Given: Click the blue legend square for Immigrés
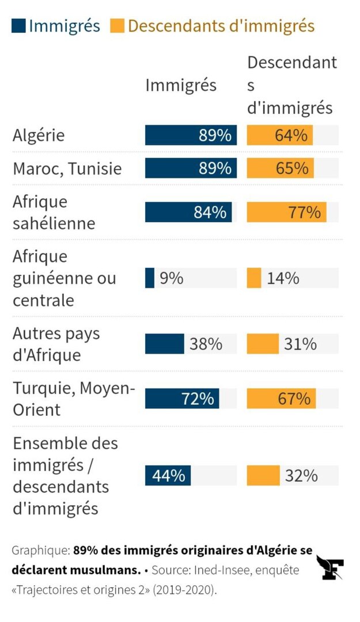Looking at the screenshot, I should click(x=18, y=26).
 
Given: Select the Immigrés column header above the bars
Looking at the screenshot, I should click(x=180, y=85).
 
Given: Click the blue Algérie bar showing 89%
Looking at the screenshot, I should click(x=191, y=135).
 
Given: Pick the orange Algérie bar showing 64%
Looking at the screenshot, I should click(x=280, y=135).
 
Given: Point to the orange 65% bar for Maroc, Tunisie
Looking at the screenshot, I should click(x=281, y=168).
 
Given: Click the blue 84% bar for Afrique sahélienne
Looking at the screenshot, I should click(x=188, y=212).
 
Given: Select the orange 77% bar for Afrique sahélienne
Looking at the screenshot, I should click(x=286, y=212).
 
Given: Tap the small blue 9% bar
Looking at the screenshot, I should click(x=150, y=278).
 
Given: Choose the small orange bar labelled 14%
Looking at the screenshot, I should click(x=254, y=278).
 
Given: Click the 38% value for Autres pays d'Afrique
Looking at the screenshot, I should click(x=206, y=344).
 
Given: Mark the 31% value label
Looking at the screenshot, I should click(x=300, y=344).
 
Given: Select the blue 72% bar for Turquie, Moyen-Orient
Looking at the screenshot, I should click(x=182, y=399).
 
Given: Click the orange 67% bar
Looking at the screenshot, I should click(x=281, y=399).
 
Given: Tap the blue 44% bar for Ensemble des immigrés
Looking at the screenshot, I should click(x=168, y=476).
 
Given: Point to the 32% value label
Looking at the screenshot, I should click(x=301, y=476).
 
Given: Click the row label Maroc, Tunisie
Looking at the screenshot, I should click(x=67, y=169).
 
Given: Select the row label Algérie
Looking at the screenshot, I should click(x=39, y=135).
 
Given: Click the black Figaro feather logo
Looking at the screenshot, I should click(x=330, y=568).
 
